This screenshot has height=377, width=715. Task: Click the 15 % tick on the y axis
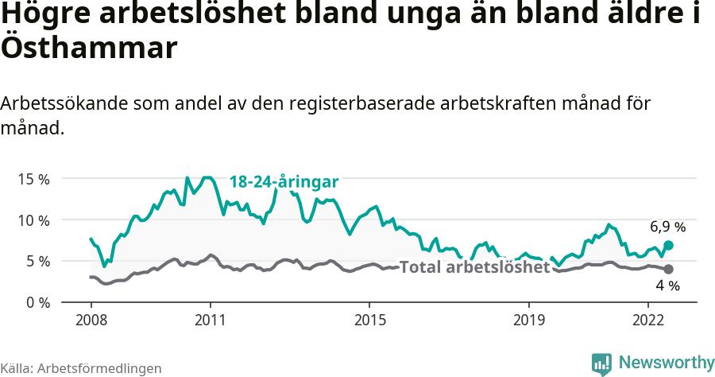pos(33,178)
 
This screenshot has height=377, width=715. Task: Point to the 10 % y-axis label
pos(33,220)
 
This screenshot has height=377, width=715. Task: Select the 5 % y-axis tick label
pos(37,261)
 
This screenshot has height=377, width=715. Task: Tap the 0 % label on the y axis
pos(37,302)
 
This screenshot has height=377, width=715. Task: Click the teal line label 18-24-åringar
pos(284,182)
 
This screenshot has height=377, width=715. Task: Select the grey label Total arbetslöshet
pos(474,267)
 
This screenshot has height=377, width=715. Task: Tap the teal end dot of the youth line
pos(668,245)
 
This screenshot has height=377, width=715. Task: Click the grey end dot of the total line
pos(668,269)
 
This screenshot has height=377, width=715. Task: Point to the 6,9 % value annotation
pos(667,227)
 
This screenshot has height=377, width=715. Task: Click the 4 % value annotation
pos(667,286)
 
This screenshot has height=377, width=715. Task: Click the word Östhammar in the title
pos(87,48)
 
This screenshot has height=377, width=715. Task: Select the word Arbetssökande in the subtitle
pos(65,103)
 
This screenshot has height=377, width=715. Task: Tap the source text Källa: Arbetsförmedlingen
pos(81,368)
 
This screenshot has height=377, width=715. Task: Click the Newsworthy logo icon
pos(601,363)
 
